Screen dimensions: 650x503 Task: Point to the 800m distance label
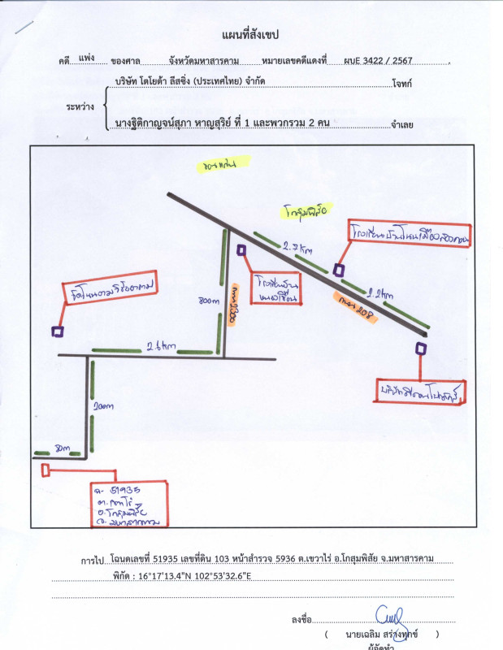[209, 301]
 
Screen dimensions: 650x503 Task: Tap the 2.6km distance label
[160, 347]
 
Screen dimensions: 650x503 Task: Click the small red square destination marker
[46, 469]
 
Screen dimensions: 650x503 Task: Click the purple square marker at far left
[58, 331]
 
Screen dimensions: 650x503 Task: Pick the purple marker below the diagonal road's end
[420, 349]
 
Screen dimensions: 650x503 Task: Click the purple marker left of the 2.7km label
[241, 250]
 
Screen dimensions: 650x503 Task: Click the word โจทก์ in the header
[401, 83]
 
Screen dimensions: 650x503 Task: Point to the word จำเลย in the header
[402, 124]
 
